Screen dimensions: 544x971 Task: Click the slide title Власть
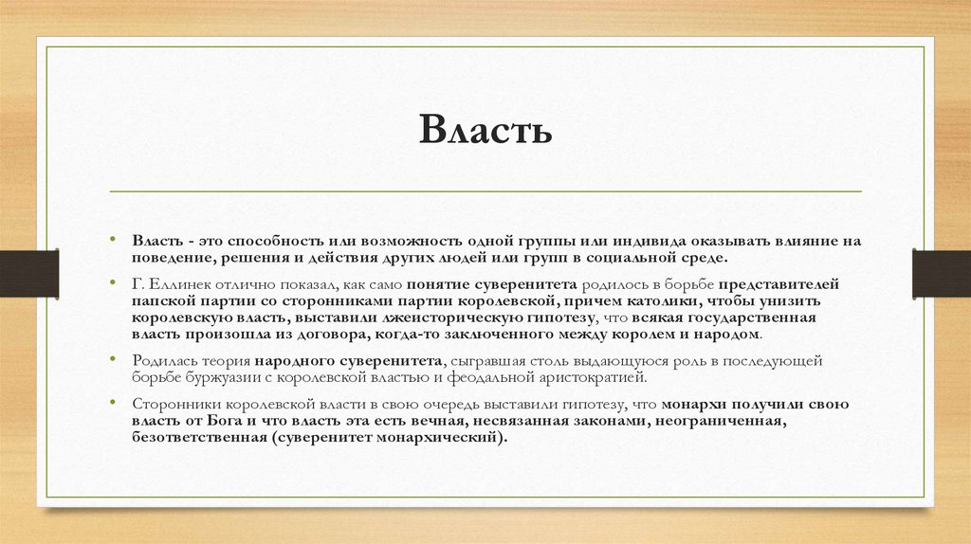[485, 131]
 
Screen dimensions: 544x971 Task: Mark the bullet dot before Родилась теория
[112, 361]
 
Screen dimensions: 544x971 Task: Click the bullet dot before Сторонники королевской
[112, 404]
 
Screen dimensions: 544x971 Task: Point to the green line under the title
[485, 191]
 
